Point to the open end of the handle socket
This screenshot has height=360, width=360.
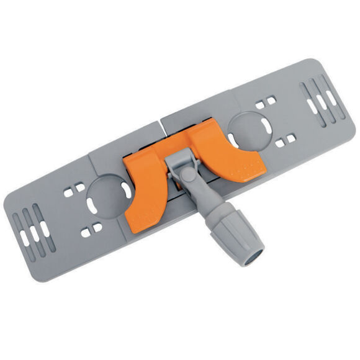pos(253,252)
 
